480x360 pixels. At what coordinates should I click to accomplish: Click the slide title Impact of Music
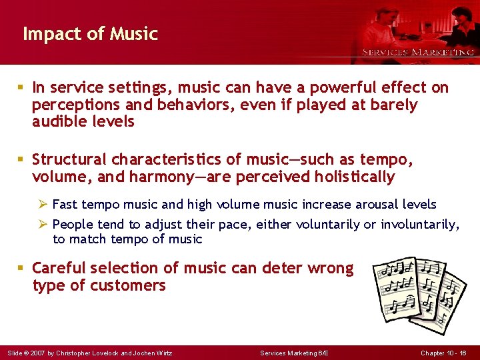(x=90, y=33)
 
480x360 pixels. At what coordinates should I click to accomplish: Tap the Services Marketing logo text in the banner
(x=418, y=52)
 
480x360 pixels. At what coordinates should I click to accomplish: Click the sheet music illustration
(x=419, y=291)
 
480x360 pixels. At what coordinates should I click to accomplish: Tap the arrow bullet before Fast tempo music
(x=44, y=204)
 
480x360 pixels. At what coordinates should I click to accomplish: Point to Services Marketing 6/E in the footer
(x=293, y=353)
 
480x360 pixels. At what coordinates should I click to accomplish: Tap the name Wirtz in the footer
(x=164, y=353)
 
